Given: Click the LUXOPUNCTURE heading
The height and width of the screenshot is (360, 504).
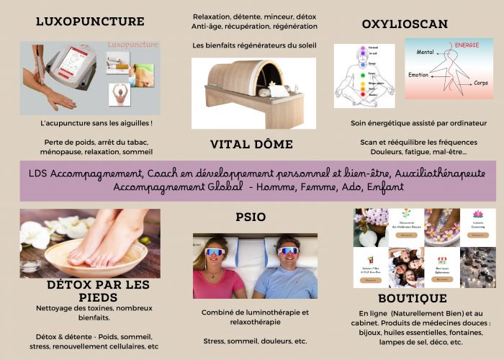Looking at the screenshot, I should [90, 21].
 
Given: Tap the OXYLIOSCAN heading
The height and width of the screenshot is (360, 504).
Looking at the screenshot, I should [405, 24].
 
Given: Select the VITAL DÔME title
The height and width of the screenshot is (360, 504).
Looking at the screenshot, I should [251, 144].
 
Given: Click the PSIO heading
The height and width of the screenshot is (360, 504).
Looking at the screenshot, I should [251, 217].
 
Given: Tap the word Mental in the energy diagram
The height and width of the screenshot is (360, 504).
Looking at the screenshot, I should [426, 52].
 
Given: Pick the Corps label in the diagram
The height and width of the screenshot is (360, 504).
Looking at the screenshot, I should [481, 83].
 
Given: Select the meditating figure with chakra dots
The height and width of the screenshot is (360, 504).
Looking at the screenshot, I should [364, 76].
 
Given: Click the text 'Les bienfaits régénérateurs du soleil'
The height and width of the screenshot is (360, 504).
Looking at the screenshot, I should [254, 45].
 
